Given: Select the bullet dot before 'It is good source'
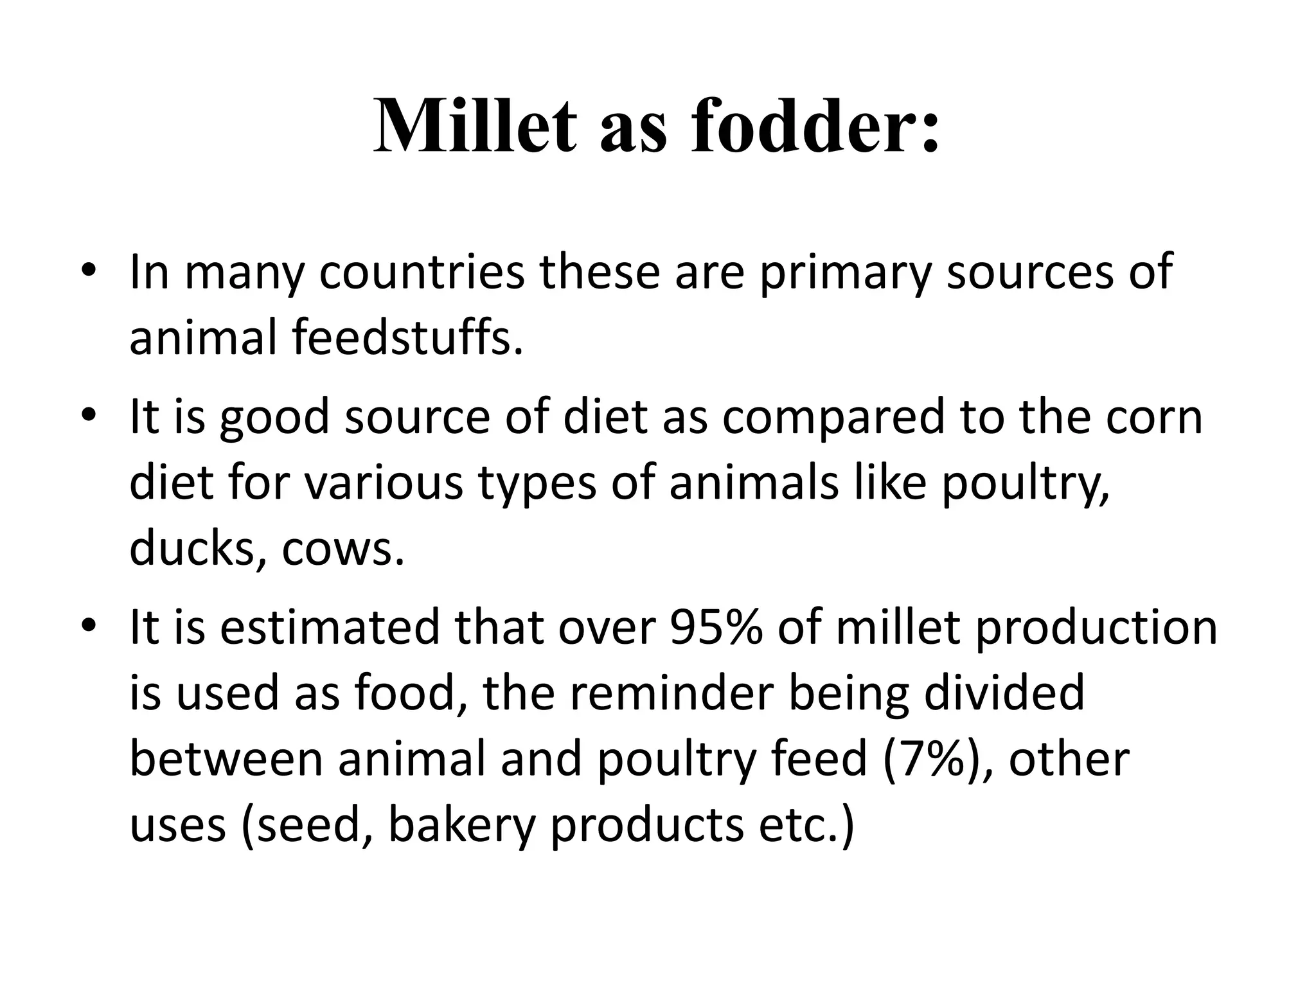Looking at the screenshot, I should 89,414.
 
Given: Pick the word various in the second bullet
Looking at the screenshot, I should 383,483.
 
